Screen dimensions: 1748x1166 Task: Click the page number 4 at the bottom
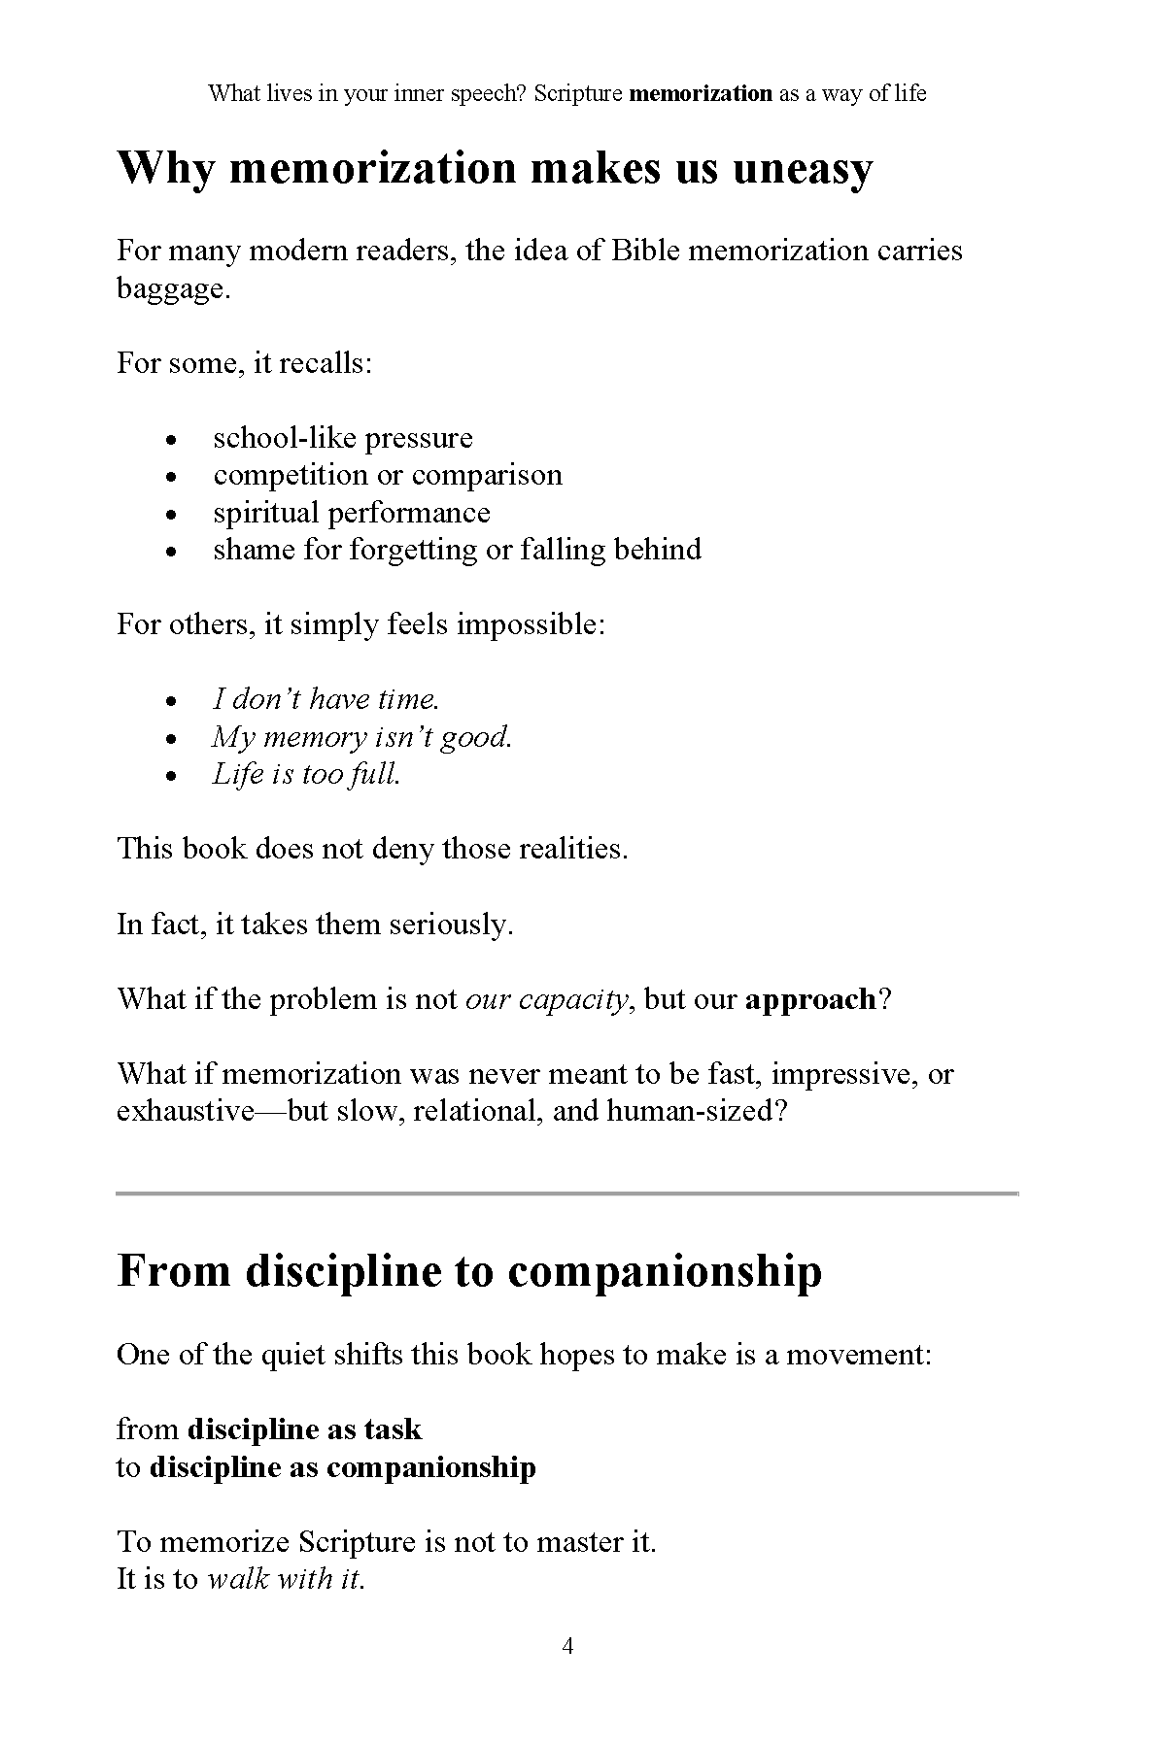point(567,1645)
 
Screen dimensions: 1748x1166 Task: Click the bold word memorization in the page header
point(701,93)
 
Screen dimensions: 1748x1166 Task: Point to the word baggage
point(172,289)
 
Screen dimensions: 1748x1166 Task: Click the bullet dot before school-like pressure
point(172,440)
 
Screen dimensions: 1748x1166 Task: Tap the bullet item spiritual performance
point(352,513)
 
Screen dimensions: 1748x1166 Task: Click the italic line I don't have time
point(326,699)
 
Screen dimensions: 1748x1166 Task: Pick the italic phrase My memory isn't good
point(362,737)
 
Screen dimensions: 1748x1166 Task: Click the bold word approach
point(810,999)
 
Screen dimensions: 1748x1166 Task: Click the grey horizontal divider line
point(567,1193)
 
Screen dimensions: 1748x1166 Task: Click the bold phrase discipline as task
point(304,1429)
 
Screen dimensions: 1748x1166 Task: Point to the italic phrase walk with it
point(284,1579)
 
